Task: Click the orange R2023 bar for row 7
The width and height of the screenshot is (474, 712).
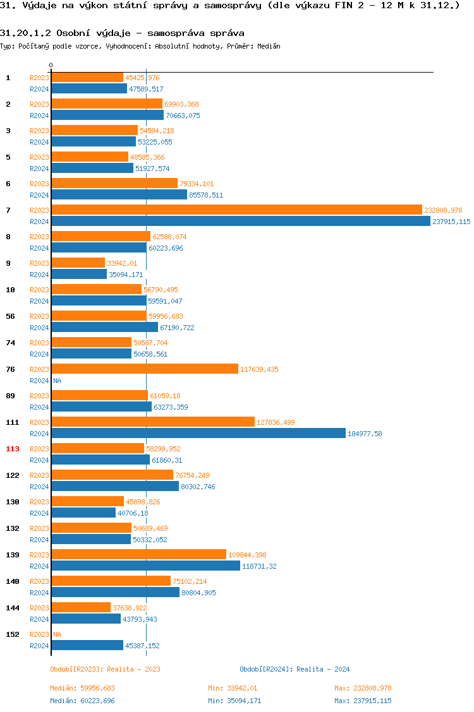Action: (x=236, y=210)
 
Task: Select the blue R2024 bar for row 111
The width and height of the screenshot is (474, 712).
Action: (x=198, y=433)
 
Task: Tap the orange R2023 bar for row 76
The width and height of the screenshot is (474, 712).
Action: (x=145, y=369)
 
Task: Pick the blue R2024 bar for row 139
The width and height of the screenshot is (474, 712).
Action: (x=145, y=566)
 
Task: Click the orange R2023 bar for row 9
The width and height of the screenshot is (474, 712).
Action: (x=78, y=263)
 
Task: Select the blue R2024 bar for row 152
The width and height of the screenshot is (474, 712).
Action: (x=87, y=645)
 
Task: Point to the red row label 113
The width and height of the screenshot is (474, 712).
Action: (x=13, y=449)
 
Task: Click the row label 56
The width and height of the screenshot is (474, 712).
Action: (x=10, y=316)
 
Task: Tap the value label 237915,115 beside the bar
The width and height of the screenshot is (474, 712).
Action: (x=451, y=222)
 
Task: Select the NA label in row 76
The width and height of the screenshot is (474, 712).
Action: (x=57, y=381)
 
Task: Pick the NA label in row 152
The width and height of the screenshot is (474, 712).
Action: (x=57, y=634)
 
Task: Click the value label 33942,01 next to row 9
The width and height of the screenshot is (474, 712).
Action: (x=122, y=263)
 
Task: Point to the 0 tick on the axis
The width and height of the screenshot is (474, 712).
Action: (x=51, y=65)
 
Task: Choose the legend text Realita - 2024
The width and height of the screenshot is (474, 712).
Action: (x=323, y=669)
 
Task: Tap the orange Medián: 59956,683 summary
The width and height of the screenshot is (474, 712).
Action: (x=82, y=688)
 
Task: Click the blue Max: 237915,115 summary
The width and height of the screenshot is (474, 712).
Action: (x=363, y=701)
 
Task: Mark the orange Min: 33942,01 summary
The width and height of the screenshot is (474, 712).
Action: (x=233, y=688)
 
